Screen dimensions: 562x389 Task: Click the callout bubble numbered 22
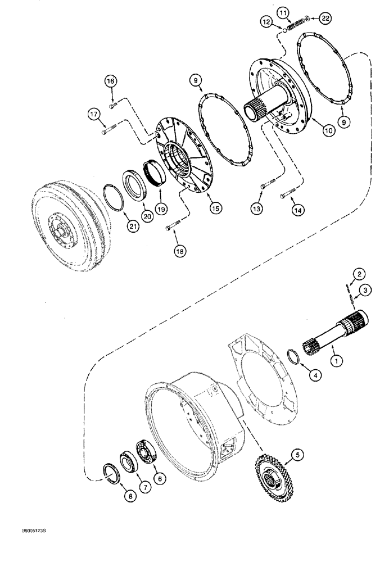pyautogui.click(x=325, y=19)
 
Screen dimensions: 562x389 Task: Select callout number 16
pyautogui.click(x=110, y=81)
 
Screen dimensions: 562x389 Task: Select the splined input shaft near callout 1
pyautogui.click(x=335, y=332)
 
